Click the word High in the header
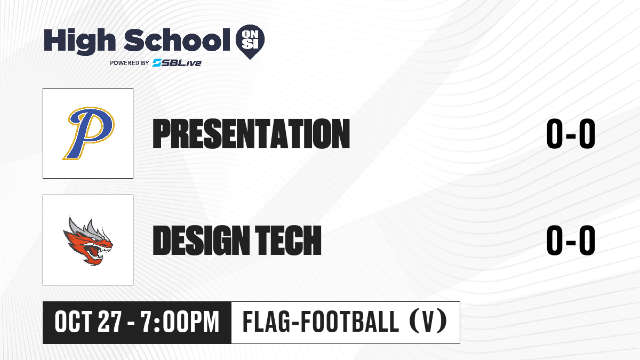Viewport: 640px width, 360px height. (79, 42)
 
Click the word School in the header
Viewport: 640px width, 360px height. (177, 40)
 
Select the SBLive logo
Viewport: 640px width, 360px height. (177, 63)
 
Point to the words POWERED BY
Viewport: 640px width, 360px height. (130, 63)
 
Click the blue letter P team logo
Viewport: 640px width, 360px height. (89, 133)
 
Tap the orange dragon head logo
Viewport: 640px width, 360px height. (88, 241)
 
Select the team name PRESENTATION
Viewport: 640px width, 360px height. (251, 134)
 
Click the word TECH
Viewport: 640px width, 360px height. (288, 241)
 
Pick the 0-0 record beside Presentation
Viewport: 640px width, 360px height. (571, 134)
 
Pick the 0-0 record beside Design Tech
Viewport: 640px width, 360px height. (571, 241)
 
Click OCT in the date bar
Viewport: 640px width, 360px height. (74, 322)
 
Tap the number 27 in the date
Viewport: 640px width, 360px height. (110, 322)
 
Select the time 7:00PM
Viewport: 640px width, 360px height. (180, 322)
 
